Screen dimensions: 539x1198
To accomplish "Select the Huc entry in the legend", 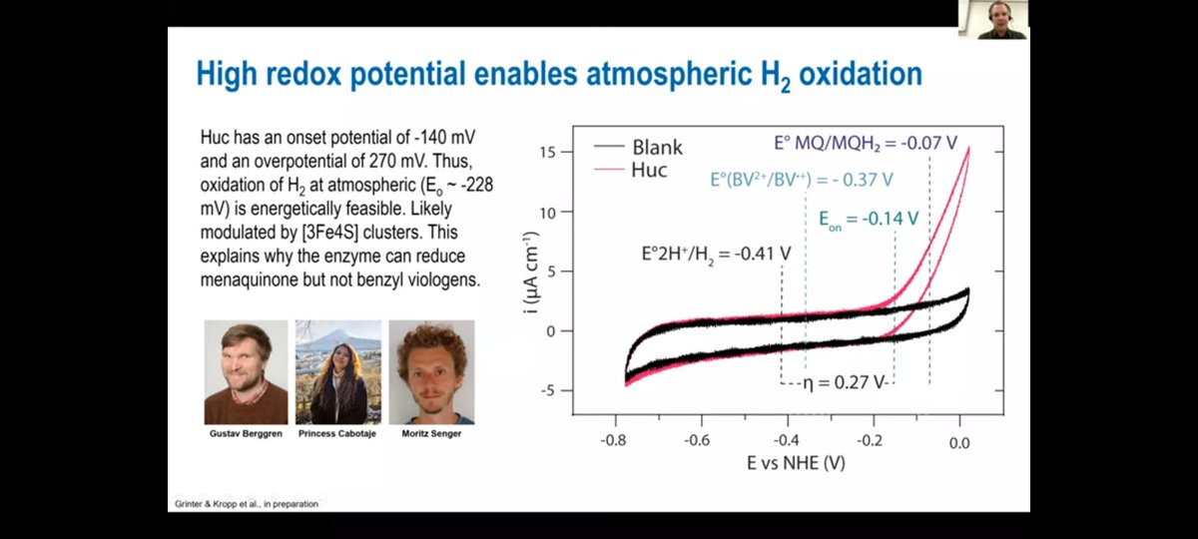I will (x=650, y=170).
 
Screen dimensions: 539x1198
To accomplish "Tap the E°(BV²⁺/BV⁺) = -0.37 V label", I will (x=801, y=181).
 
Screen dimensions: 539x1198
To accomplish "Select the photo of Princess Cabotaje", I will (x=338, y=371).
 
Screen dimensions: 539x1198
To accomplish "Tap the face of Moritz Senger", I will (x=431, y=359).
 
